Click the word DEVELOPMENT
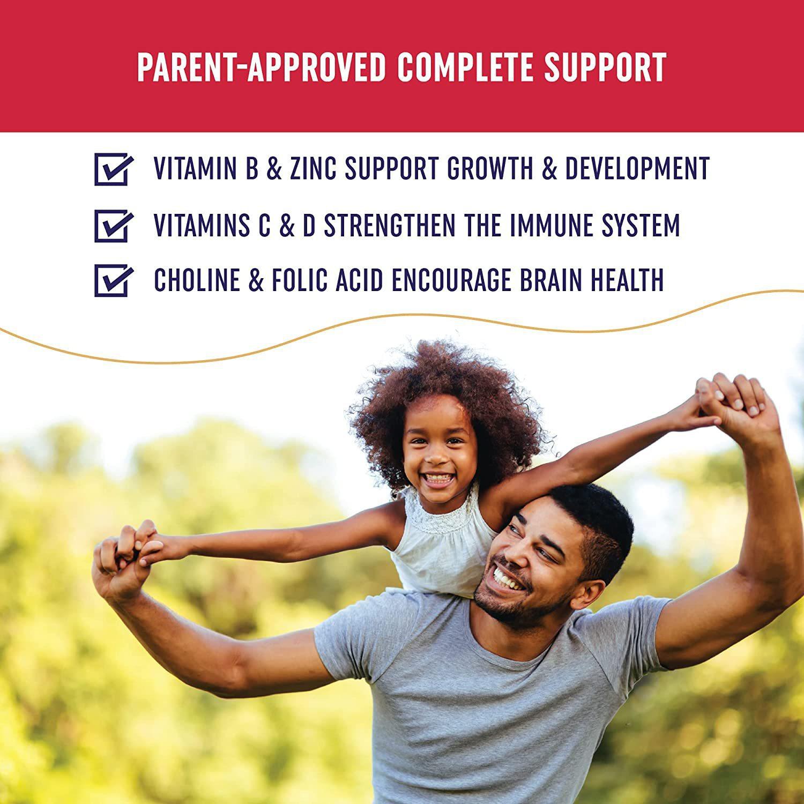click(638, 168)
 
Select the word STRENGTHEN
click(381, 225)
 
